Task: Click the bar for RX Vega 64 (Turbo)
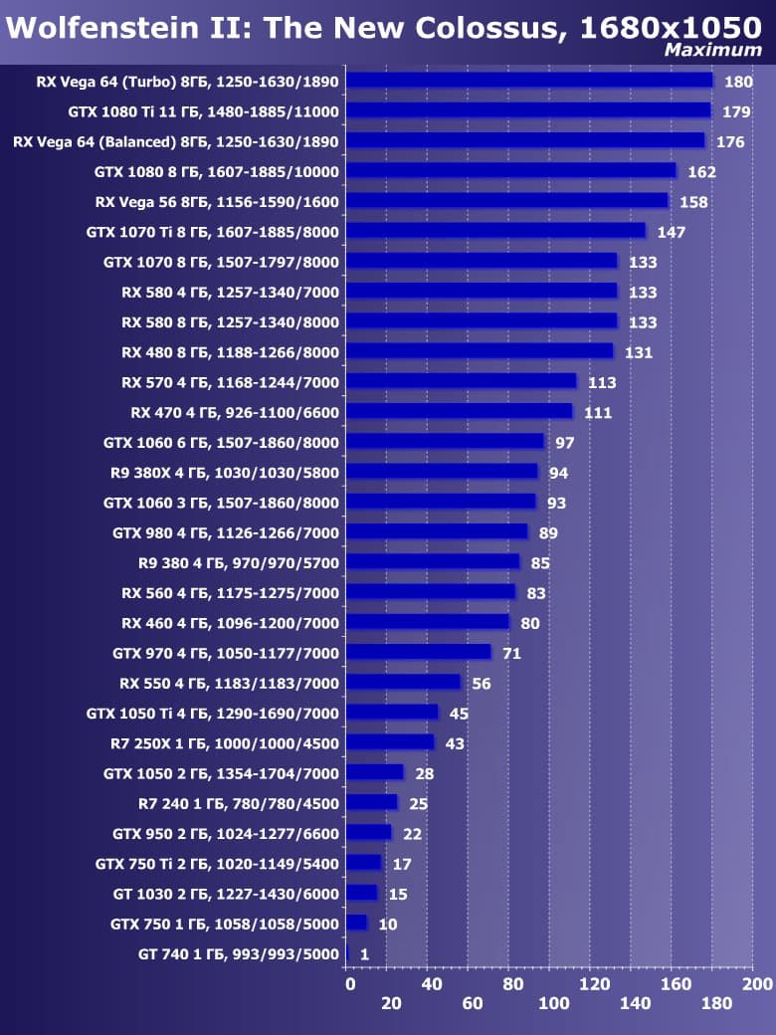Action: click(x=529, y=81)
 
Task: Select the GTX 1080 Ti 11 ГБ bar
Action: click(x=528, y=110)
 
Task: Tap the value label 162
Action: click(x=701, y=172)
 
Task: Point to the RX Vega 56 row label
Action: click(x=217, y=202)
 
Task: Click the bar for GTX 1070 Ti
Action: click(x=495, y=231)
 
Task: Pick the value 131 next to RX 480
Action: click(x=639, y=352)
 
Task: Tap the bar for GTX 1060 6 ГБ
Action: click(x=445, y=442)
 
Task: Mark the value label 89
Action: click(x=548, y=533)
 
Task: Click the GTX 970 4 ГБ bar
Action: click(x=418, y=653)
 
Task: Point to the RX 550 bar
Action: click(x=403, y=683)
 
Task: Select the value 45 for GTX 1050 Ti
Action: click(x=459, y=714)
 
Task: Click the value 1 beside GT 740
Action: click(x=364, y=954)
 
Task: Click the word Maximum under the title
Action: click(x=712, y=50)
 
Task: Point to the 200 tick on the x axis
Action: click(x=757, y=984)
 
